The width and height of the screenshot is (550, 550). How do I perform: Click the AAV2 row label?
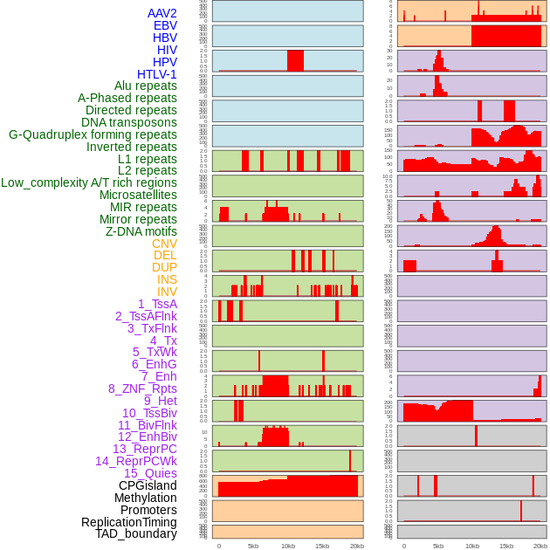coord(162,13)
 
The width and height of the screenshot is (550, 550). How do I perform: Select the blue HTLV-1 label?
coord(157,74)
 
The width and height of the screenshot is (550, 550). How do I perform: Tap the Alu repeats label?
coord(146,86)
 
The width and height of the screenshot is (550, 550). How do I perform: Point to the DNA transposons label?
coord(129,122)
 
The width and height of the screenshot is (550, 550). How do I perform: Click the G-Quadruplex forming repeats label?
coord(93,134)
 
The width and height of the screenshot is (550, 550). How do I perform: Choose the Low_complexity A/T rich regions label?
coord(89,182)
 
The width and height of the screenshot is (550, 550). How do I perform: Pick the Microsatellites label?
coord(138,195)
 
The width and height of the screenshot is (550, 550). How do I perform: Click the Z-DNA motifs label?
coord(141,231)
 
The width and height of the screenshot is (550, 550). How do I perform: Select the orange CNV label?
coord(164,244)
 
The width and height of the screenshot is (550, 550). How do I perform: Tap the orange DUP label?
coord(164,267)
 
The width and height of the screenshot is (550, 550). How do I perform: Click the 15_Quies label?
coord(150,473)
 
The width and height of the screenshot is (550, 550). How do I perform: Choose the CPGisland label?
coord(148,485)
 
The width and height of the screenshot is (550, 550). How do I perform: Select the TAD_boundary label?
coord(136,533)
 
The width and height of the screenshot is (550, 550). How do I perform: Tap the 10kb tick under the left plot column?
coord(287,546)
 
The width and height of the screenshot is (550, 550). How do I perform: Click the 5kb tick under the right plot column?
coord(438,546)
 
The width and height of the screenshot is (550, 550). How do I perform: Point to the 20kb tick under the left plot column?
coord(356,546)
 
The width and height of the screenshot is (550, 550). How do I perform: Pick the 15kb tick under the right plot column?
coord(506,546)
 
